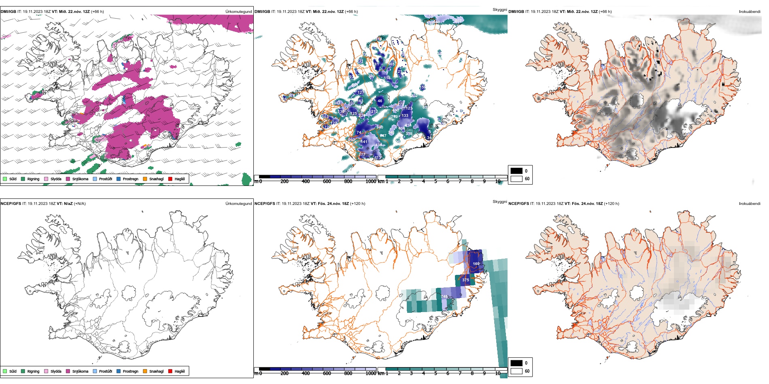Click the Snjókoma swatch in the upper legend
68,179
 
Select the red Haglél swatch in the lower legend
170,371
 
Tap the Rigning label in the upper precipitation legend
33,179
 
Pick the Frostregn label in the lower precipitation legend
130,371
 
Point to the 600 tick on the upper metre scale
327,181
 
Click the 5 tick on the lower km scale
435,373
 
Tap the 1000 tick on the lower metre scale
371,373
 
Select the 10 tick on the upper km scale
497,181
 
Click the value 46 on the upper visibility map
380,101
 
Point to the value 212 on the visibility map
374,111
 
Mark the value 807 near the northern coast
458,21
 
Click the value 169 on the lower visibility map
476,264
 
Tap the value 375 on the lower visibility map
465,280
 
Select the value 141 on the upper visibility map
364,142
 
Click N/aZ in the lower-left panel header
68,204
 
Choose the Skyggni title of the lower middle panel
499,202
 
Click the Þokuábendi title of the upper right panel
750,12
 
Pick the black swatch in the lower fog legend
516,363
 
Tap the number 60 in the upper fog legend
527,179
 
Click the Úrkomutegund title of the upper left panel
238,12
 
